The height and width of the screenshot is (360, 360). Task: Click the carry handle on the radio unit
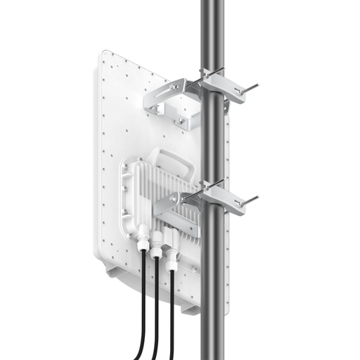[x=169, y=161]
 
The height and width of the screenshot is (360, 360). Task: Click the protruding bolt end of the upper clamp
[x=250, y=88]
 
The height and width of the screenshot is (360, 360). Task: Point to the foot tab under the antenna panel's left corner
[x=112, y=268]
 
